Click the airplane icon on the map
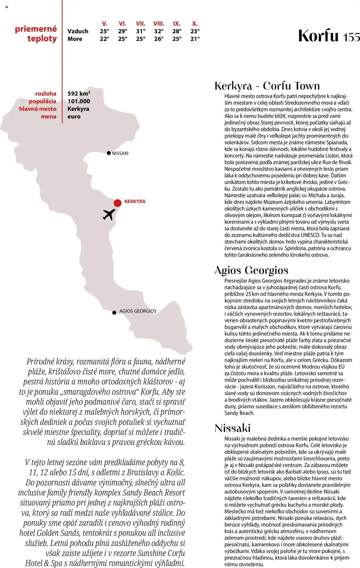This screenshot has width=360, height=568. pos(109,214)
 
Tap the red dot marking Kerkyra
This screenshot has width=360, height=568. pos(118,203)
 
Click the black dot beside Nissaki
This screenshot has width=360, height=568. pos(109,153)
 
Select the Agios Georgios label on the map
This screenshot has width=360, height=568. pos(138,311)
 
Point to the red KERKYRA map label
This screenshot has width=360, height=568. pos(135,201)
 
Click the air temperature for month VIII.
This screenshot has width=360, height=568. pos(159,31)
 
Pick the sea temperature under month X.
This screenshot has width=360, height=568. pos(195,39)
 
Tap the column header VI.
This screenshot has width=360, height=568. pos(123,24)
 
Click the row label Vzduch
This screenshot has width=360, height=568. pos(78,31)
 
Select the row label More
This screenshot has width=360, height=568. pos(75,39)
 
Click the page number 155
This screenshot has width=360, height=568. pos(351,37)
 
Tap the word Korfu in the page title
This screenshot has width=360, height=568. pos(318,36)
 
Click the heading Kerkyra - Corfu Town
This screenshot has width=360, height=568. pos(267,86)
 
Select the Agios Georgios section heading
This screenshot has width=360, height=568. pos(251,270)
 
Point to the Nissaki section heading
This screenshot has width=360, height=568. pos(233,428)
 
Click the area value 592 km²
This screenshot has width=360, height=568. pos(79,93)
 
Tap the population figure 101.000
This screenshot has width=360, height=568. pos(79,101)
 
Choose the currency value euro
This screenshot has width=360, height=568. pos(74,116)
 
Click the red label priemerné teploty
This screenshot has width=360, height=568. pos(36,33)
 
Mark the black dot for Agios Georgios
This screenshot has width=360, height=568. pos(114,313)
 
